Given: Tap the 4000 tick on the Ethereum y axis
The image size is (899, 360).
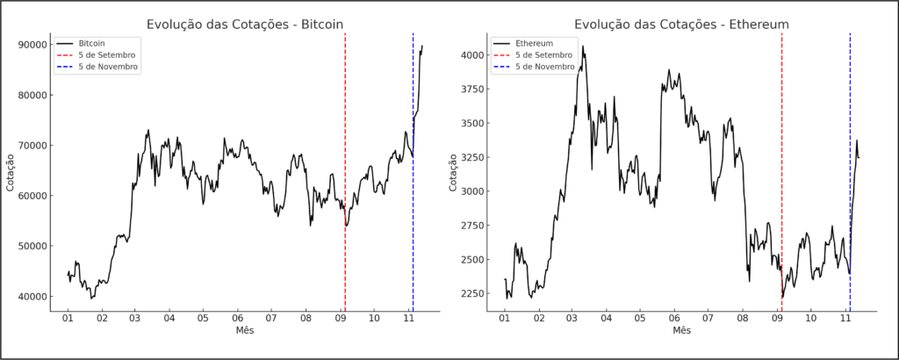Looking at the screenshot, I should coord(471,54).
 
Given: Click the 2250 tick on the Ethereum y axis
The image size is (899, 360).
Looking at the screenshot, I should coord(471,293).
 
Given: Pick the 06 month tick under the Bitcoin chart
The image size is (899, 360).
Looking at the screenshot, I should coord(237,317).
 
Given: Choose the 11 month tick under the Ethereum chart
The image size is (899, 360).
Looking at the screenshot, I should coord(845,317).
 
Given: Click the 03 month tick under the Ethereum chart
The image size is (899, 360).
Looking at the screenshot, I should coord(572,317).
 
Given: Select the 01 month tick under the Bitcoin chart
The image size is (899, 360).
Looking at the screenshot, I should coord(68,317).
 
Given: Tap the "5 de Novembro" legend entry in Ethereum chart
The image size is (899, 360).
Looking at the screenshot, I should coord(545,66).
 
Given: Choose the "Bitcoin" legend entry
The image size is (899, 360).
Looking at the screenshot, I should coord(92,42).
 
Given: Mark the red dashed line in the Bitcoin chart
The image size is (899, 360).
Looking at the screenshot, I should coord(345,176).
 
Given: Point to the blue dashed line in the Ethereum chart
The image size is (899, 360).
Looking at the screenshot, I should coord(850,176).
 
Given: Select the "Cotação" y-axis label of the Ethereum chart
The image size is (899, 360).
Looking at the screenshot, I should coord(452,171).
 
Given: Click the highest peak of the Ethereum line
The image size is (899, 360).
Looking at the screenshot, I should coord(583,47).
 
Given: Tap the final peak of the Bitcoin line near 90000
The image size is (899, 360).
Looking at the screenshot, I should coord(422,47).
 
